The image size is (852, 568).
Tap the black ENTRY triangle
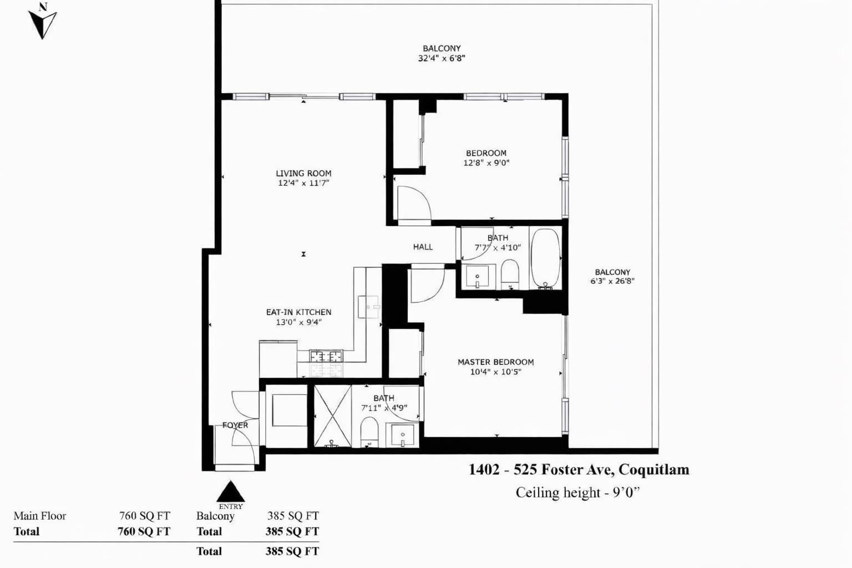(231, 491)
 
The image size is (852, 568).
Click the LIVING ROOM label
(303, 174)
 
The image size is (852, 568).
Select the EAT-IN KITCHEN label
(298, 312)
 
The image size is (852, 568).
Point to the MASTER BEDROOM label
(495, 362)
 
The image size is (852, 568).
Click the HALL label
(423, 247)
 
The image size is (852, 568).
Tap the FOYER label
(235, 425)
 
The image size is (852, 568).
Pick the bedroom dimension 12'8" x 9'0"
(486, 163)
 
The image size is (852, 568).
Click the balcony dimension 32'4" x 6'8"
(442, 59)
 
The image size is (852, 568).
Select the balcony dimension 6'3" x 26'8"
(612, 282)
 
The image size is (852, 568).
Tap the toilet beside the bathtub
(510, 273)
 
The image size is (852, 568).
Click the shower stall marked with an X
(332, 416)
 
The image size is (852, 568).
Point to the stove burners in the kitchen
(326, 357)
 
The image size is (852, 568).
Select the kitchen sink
(368, 307)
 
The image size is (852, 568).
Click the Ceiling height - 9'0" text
(578, 493)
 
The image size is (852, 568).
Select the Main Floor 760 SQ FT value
(145, 516)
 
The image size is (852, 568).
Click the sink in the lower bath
(402, 435)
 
